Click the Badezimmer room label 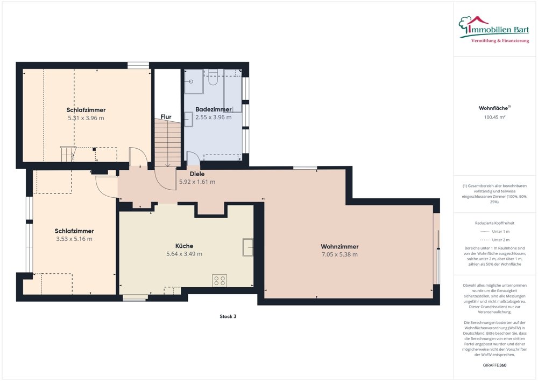(213, 109)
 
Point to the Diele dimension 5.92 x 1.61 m (197, 182)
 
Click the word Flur (166, 116)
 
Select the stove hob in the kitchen (220, 280)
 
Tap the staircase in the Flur (167, 143)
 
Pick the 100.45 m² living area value (495, 117)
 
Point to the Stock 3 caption (228, 316)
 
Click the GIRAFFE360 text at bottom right (495, 365)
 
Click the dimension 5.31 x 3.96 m (86, 117)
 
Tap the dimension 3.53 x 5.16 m (74, 239)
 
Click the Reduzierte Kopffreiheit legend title (495, 223)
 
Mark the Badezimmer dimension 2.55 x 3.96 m (213, 117)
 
